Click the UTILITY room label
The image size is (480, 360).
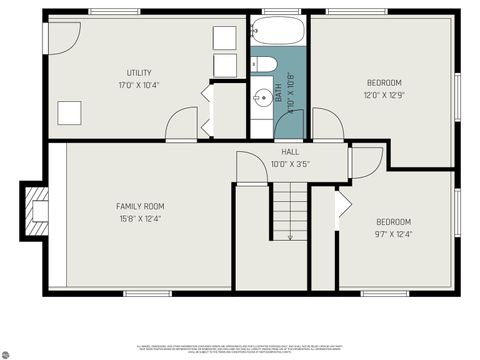click(139, 72)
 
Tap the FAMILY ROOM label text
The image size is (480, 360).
click(139, 206)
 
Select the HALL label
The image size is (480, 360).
click(290, 151)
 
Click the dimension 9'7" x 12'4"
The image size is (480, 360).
click(393, 234)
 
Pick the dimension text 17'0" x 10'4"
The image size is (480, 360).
click(139, 84)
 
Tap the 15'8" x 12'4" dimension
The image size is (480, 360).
click(139, 218)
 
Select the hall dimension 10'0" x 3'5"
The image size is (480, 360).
click(290, 163)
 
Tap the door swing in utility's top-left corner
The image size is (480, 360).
click(64, 38)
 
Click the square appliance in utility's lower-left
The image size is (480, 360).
click(69, 112)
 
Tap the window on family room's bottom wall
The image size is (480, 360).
click(139, 293)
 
